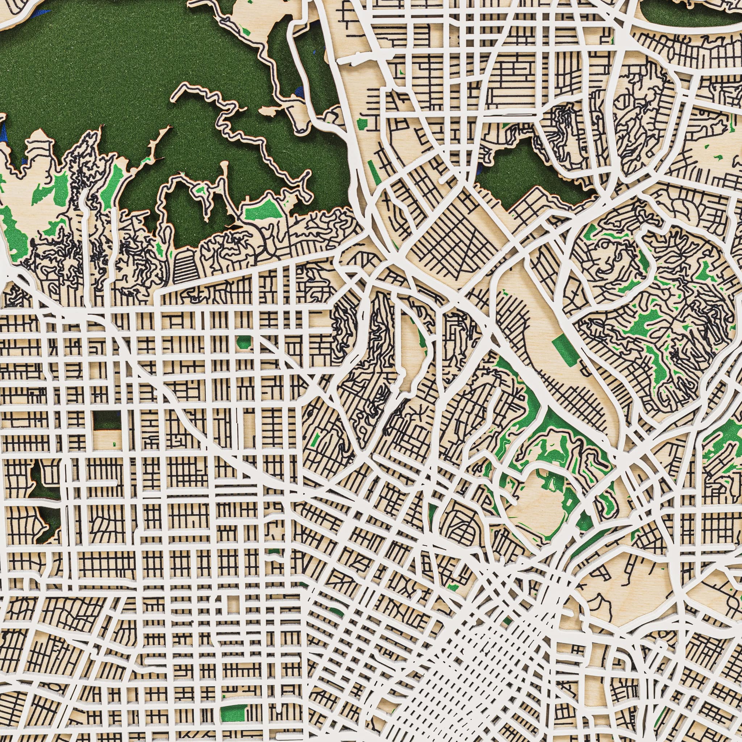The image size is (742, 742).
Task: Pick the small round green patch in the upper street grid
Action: coord(243,341)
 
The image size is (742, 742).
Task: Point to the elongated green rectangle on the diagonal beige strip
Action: coord(564,350)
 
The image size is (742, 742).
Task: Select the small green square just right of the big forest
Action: coord(362,124)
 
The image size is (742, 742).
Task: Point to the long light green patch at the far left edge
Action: coord(13,234)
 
